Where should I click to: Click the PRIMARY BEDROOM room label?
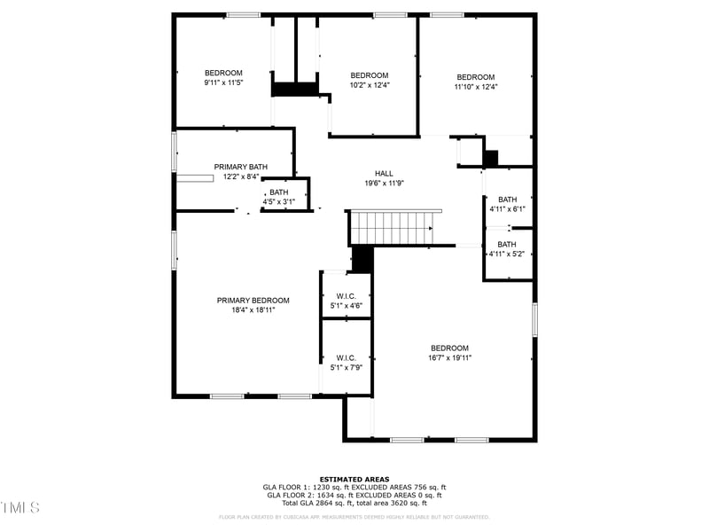(253, 301)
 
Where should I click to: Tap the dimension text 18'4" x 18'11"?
(253, 310)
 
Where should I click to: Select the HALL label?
(384, 174)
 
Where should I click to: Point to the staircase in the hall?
(393, 227)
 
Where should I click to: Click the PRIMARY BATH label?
(240, 167)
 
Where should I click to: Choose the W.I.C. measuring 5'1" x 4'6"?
(346, 301)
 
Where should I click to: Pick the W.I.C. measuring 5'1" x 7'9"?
(346, 362)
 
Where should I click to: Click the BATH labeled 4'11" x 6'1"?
(507, 204)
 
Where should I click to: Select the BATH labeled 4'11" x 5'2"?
(507, 249)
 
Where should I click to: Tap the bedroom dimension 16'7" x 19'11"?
(449, 358)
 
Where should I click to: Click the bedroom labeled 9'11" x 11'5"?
(223, 77)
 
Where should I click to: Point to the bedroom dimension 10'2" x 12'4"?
(370, 86)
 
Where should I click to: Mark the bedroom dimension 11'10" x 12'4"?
(475, 87)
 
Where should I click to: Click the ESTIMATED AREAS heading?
(354, 479)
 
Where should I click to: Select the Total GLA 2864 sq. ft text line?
(354, 502)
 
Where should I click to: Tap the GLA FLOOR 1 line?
(354, 487)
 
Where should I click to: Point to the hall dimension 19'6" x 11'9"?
(384, 184)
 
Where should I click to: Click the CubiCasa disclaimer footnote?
(354, 517)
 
